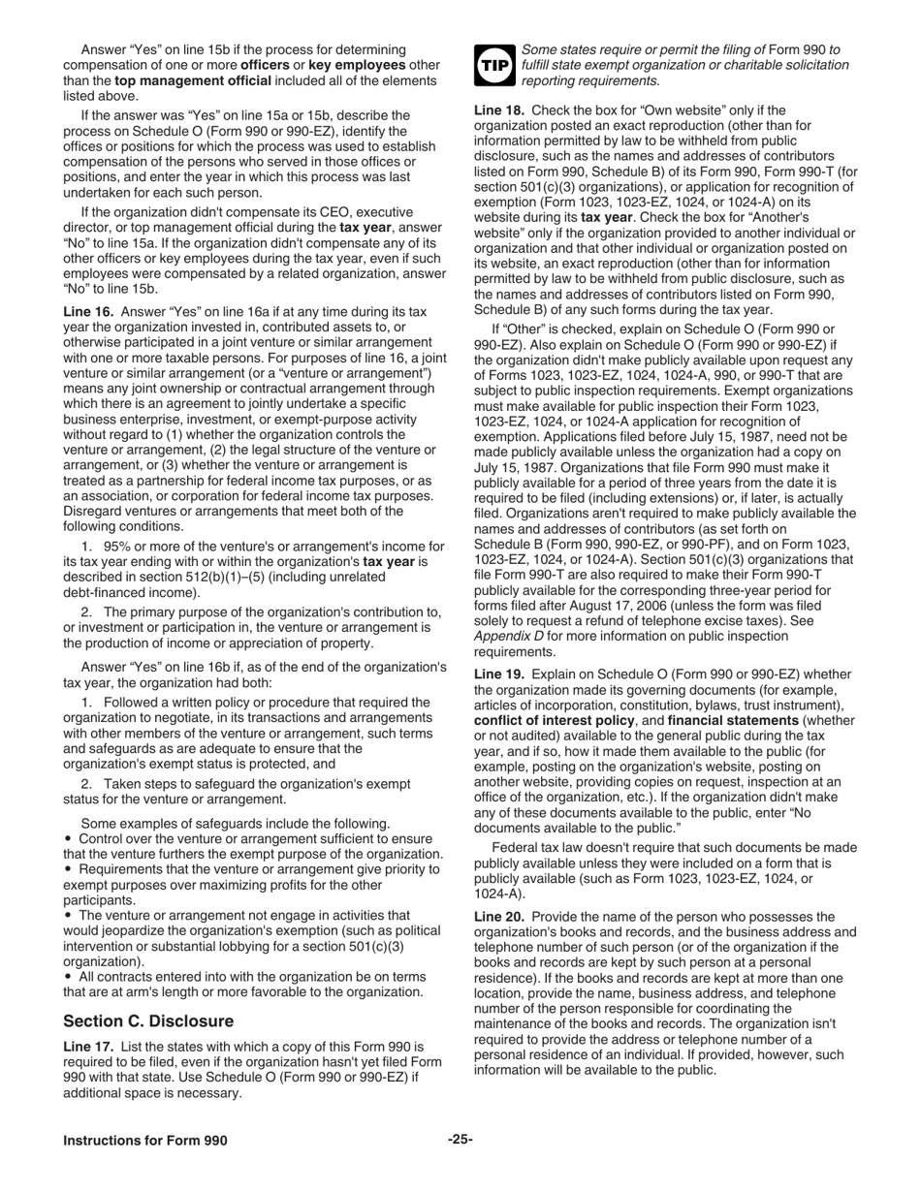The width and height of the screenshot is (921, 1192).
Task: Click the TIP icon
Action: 493,64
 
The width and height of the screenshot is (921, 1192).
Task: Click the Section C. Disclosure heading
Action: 148,1021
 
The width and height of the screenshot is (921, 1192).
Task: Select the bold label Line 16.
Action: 88,312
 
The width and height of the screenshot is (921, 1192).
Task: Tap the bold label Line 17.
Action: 88,1048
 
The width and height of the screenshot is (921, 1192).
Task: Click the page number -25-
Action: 460,1140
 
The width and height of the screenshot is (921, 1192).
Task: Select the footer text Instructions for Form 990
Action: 145,1141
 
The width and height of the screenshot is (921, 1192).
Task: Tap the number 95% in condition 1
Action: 117,548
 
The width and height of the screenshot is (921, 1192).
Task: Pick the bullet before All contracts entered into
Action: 69,977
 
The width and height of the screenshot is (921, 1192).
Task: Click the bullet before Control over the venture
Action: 69,839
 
